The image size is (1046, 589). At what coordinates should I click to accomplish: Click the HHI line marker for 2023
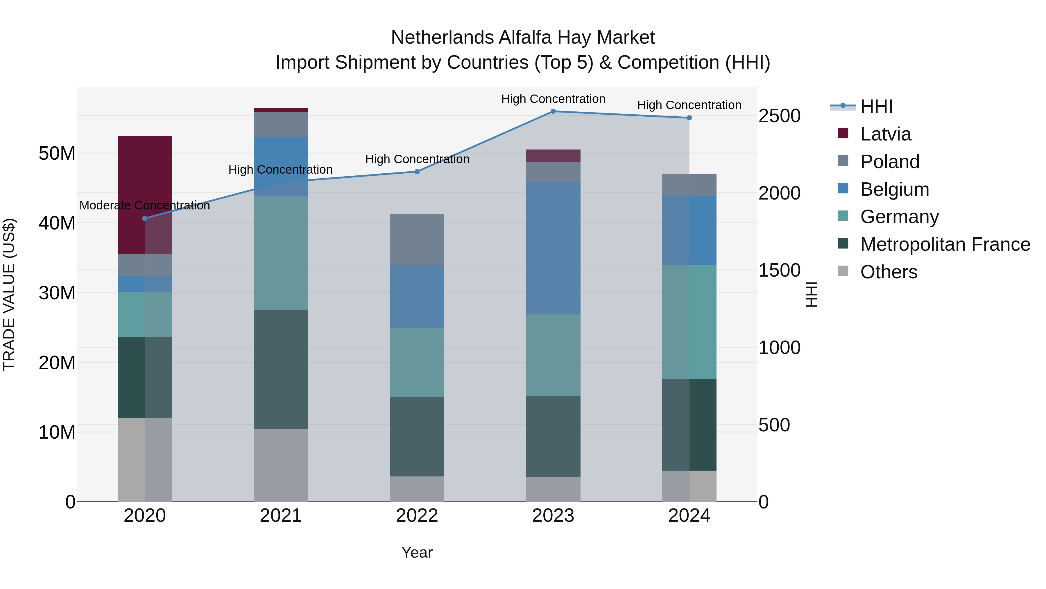pyautogui.click(x=553, y=111)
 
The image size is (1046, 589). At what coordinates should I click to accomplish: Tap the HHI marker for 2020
pyautogui.click(x=145, y=218)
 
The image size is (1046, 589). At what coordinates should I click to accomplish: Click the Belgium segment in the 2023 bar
pyautogui.click(x=553, y=248)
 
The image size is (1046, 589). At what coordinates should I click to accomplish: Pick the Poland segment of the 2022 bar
pyautogui.click(x=417, y=240)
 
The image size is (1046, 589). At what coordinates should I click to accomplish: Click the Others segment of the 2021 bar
pyautogui.click(x=281, y=465)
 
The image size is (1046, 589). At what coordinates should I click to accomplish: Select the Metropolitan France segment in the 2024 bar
pyautogui.click(x=689, y=425)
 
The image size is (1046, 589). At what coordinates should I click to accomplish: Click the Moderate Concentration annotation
pyautogui.click(x=145, y=206)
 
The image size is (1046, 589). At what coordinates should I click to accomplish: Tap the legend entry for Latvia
pyautogui.click(x=885, y=134)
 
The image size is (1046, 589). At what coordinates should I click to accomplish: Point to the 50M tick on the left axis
pyautogui.click(x=57, y=154)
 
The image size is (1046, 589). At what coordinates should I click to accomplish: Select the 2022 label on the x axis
pyautogui.click(x=417, y=516)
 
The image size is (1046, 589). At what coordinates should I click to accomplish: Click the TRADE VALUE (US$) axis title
pyautogui.click(x=9, y=294)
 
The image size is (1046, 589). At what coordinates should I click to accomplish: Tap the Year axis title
pyautogui.click(x=417, y=552)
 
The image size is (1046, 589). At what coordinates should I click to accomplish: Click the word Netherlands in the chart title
pyautogui.click(x=442, y=38)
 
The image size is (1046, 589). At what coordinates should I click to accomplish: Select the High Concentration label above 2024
pyautogui.click(x=689, y=105)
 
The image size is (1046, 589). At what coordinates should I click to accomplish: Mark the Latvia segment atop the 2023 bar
pyautogui.click(x=553, y=156)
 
